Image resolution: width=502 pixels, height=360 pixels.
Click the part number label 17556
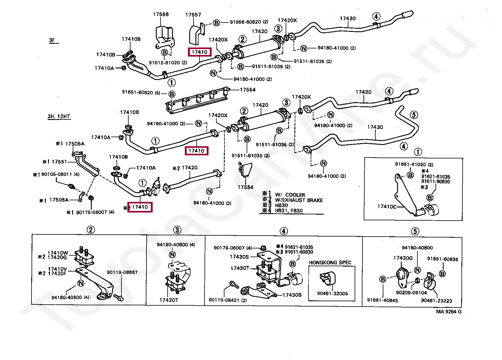pos(161,14)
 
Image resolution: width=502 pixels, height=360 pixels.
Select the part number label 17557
pos(193,15)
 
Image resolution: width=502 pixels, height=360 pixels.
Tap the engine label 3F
pos(52,40)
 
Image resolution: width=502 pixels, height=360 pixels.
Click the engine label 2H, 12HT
pos(59,116)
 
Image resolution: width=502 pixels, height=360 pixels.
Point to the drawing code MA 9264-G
pos(449,312)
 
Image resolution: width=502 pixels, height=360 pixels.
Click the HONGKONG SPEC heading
pos(330,262)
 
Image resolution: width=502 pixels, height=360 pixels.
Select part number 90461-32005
pos(332,293)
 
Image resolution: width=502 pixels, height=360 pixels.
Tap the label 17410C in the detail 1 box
pos(386,207)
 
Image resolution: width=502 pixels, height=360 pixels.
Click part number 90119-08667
pos(122,272)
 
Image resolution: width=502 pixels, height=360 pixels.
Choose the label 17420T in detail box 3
pos(169,300)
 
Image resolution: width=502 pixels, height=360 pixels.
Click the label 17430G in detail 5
pos(403,258)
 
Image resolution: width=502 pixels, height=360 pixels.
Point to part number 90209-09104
pos(411,292)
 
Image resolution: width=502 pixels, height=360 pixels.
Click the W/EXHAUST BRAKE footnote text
pos(299,200)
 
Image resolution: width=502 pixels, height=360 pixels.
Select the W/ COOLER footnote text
pos(290,195)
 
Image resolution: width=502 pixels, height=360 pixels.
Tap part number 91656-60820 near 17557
pos(249,22)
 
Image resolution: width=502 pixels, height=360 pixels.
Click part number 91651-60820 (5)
pos(141,92)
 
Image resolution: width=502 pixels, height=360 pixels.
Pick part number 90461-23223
pos(436,301)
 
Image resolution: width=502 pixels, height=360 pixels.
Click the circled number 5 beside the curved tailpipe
pos(413,115)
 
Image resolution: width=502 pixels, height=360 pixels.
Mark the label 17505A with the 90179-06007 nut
pos(59,200)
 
